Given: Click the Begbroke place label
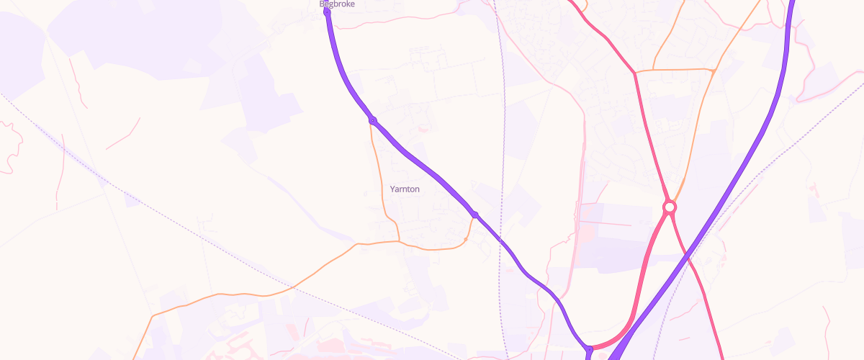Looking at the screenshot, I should tap(337, 4).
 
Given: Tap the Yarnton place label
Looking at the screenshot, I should tap(404, 189).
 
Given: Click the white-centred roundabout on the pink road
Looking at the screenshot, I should tap(670, 207).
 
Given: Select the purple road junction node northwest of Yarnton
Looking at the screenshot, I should tap(372, 120).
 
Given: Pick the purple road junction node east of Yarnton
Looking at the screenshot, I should tap(475, 215).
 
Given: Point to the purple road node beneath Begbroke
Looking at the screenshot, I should tap(328, 12).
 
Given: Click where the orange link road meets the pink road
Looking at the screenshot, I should tap(635, 72).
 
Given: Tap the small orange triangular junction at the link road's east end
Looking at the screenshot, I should tap(712, 71).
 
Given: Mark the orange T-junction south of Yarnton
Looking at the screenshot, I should tap(399, 241).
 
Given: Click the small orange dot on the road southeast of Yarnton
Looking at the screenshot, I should tap(467, 239).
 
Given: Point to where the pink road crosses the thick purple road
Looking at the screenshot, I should tap(687, 256).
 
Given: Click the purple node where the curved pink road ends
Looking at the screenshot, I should tap(590, 349).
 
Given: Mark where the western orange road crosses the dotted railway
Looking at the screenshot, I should tap(292, 287).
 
